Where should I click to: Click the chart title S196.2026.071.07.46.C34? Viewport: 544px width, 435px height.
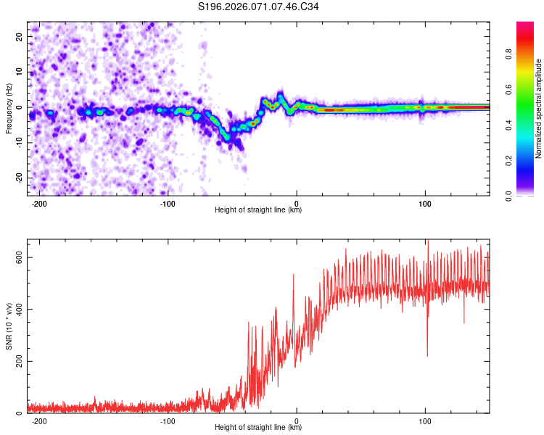259,7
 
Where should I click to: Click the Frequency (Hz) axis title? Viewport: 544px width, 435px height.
9,108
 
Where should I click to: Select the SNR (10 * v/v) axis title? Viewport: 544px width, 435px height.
9,326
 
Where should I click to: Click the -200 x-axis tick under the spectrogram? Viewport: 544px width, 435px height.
39,203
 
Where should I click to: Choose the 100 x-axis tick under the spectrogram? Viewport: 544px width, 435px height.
425,203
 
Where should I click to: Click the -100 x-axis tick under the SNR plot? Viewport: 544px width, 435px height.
168,420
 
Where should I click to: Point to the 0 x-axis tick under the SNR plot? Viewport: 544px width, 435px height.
297,420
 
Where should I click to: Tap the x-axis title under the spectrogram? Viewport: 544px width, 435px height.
258,210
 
